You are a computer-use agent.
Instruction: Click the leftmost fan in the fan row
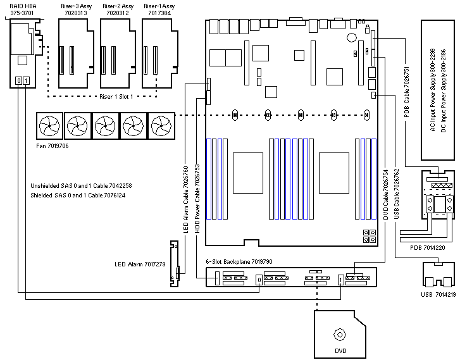(49, 127)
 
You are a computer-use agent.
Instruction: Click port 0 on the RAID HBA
(18, 80)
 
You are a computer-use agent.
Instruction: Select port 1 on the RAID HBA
(25, 80)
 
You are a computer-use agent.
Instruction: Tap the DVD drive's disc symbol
(340, 334)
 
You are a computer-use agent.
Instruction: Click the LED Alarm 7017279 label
(139, 282)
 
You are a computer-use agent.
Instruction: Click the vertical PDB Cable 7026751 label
(406, 94)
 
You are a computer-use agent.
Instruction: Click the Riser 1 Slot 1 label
(120, 97)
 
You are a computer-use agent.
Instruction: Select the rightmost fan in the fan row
(160, 127)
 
